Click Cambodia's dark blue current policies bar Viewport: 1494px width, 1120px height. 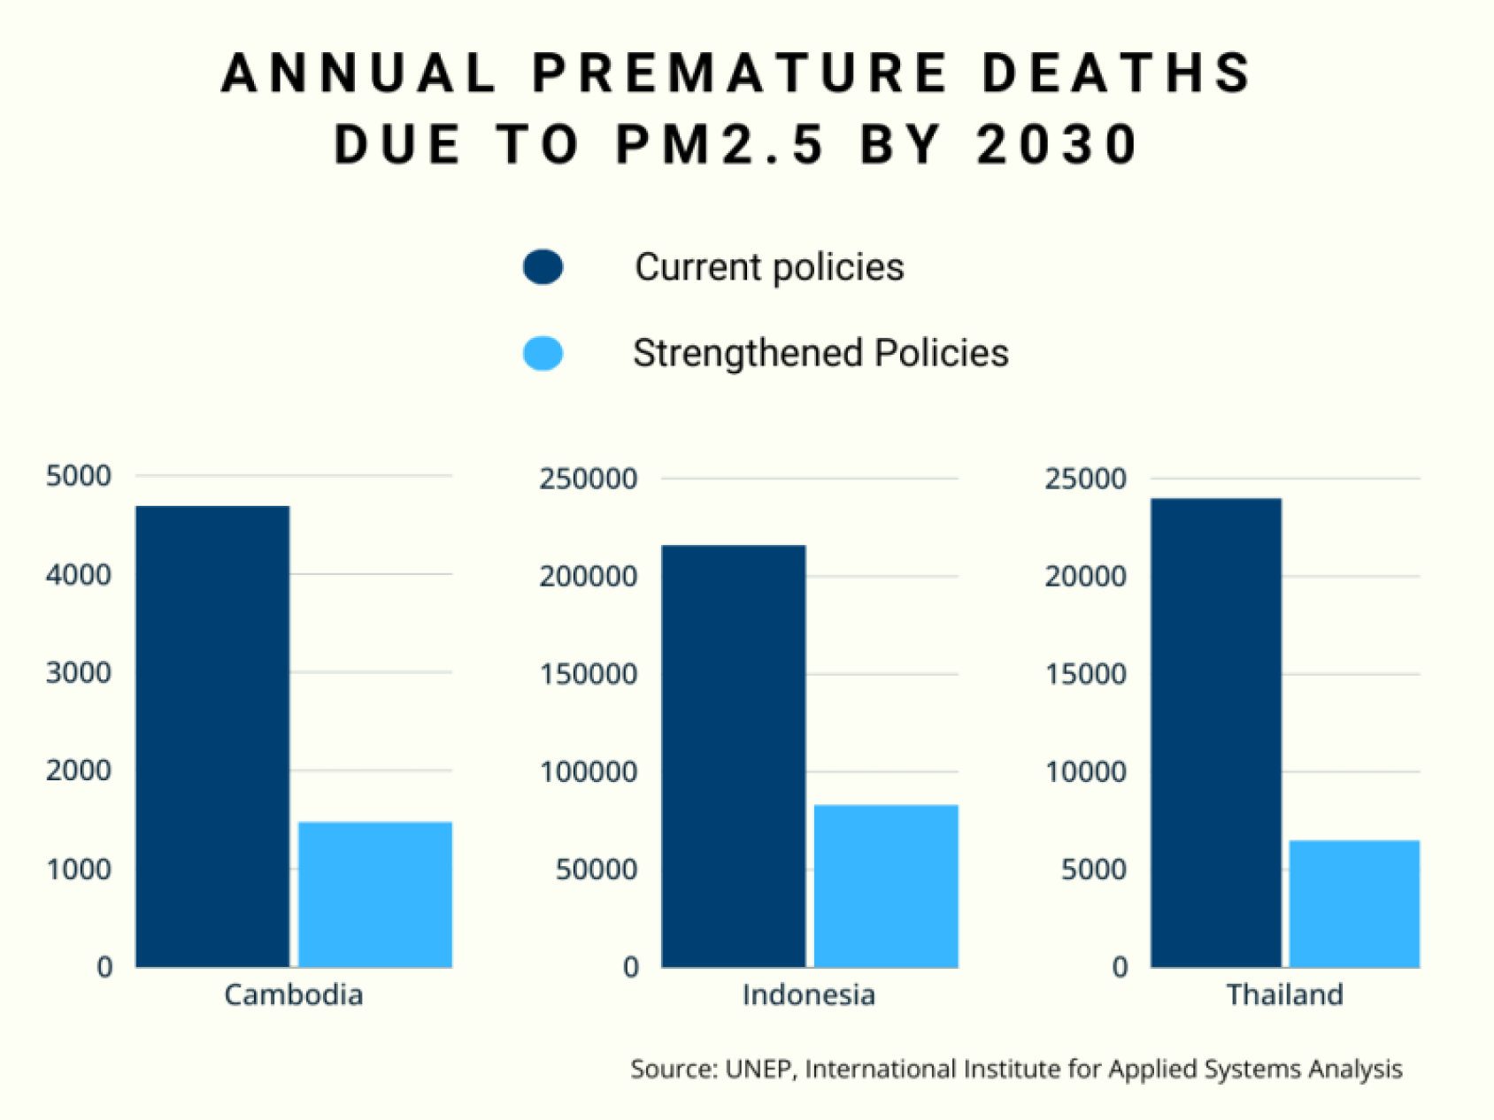(212, 736)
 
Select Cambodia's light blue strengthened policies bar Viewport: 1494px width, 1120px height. (375, 894)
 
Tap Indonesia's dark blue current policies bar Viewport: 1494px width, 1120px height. (733, 756)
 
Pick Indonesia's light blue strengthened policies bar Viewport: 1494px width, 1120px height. (886, 886)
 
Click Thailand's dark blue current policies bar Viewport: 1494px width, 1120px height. (1216, 733)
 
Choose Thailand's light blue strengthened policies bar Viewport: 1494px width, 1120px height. (1354, 903)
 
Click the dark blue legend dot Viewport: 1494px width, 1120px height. (543, 267)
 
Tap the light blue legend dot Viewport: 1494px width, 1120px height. (543, 354)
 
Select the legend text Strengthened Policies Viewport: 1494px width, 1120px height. (820, 353)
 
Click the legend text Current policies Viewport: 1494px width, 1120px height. (769, 267)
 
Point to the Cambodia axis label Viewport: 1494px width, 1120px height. (294, 994)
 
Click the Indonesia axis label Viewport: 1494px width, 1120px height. (809, 994)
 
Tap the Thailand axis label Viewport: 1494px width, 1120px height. (1284, 994)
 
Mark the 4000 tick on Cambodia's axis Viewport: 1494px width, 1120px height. (79, 574)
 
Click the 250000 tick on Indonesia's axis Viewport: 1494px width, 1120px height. (588, 479)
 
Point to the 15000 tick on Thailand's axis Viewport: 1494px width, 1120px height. (1085, 674)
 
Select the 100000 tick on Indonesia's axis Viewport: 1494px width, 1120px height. (588, 771)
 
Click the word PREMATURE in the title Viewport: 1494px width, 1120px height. (741, 73)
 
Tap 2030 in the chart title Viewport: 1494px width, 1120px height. (1058, 144)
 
